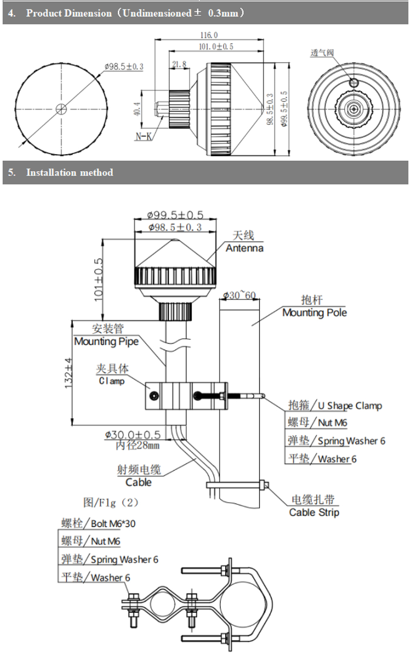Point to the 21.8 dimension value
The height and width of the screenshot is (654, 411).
coord(179,65)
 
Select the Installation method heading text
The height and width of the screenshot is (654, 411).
coord(70,172)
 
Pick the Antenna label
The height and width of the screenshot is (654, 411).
coord(244,249)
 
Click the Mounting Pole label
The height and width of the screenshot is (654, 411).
coord(314,313)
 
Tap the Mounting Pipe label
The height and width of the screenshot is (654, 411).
coord(106,341)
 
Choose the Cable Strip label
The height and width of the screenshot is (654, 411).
coord(314,513)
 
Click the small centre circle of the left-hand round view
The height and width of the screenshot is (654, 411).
coord(61,109)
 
